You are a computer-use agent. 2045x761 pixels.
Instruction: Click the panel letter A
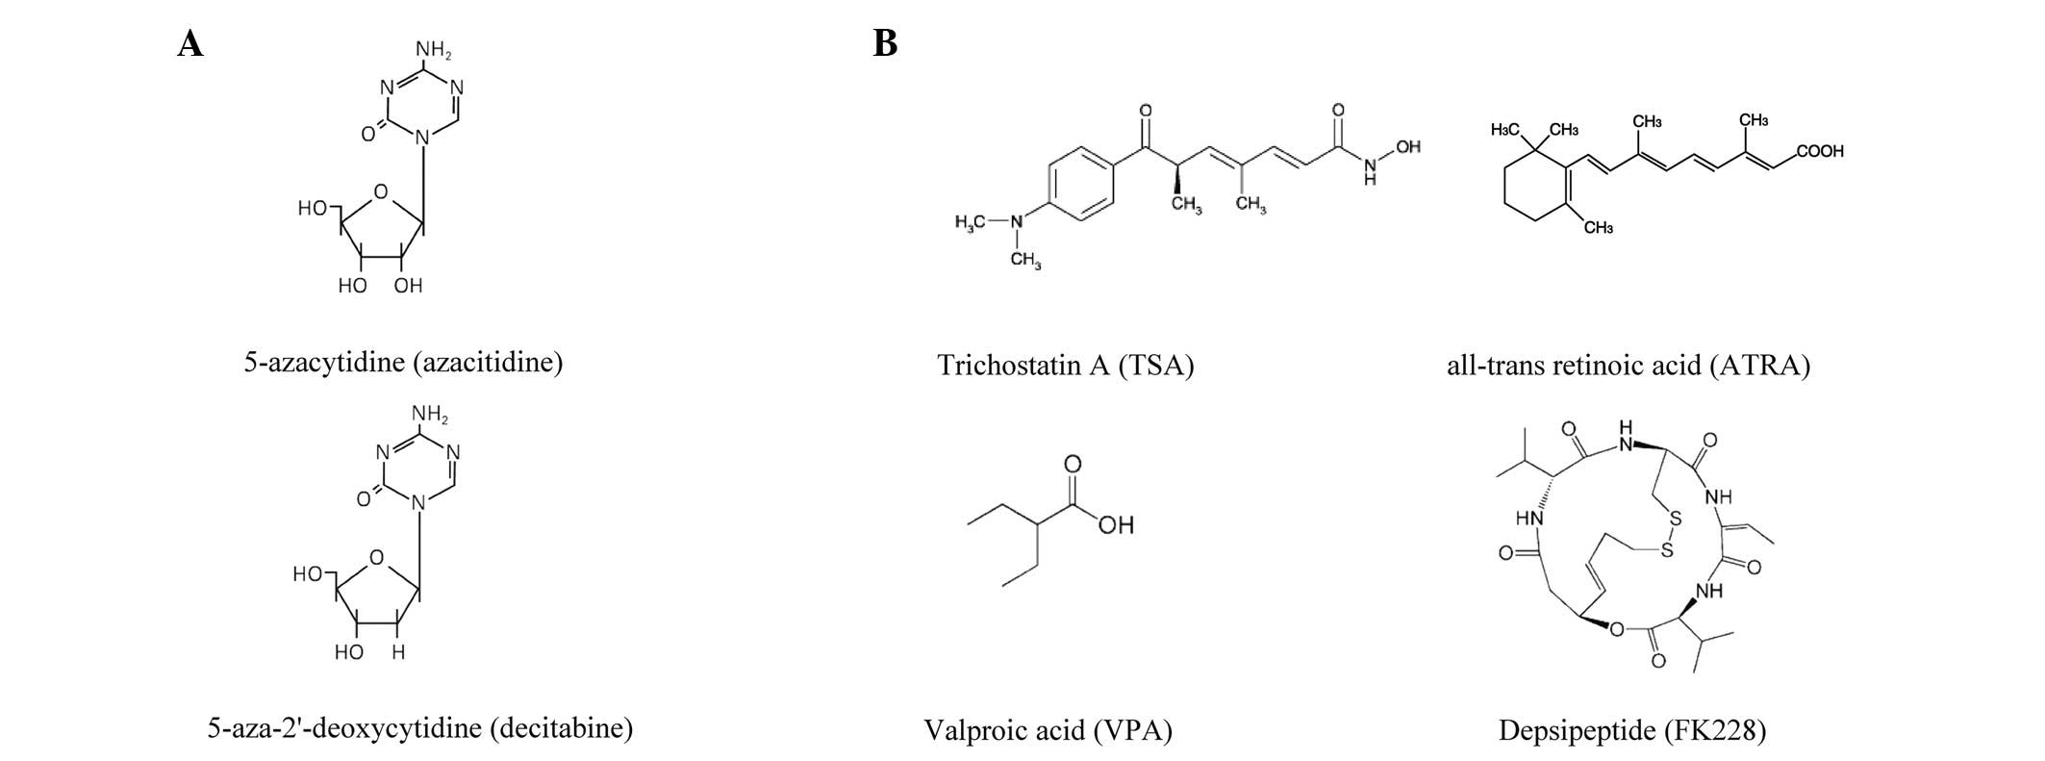190,44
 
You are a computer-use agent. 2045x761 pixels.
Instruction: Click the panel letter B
885,44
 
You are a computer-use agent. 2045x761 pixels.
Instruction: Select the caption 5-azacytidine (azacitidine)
403,363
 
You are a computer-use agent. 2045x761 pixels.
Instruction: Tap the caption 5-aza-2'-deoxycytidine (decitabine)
420,727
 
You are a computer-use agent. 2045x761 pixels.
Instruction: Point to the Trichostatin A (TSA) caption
1065,366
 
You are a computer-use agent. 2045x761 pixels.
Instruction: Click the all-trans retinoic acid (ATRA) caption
1628,366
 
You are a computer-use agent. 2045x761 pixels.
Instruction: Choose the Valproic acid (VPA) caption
1048,731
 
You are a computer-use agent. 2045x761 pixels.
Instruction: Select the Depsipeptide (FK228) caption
1632,731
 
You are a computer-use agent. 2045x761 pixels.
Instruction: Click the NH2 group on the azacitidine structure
433,47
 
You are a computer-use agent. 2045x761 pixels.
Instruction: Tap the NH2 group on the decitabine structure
429,415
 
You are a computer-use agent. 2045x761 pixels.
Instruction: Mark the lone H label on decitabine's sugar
398,652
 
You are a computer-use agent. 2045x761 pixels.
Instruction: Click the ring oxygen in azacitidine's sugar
381,192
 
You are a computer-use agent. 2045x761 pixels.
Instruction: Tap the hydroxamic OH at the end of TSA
1407,147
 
